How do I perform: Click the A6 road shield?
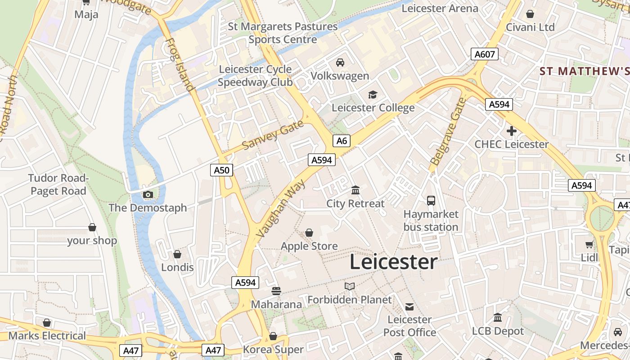[x=342, y=141]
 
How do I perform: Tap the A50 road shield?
[x=221, y=170]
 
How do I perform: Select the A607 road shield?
[x=485, y=54]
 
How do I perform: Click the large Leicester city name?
[x=393, y=262]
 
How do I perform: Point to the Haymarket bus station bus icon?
[x=431, y=201]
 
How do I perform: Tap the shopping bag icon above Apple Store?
[x=309, y=233]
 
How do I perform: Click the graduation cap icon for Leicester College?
[x=373, y=94]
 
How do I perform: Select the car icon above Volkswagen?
[x=340, y=63]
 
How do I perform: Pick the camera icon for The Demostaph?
[x=148, y=194]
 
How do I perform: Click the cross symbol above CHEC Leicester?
[x=511, y=131]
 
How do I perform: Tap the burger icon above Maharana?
[x=276, y=291]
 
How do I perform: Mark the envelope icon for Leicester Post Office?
[x=409, y=306]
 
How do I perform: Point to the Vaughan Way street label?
[x=280, y=208]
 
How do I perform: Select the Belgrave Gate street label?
[x=447, y=131]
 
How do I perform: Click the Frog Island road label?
[x=180, y=64]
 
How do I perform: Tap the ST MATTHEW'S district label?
[x=584, y=71]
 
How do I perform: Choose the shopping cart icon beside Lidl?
[x=589, y=244]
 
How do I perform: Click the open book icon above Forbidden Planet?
[x=350, y=286]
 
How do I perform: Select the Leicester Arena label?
[x=440, y=8]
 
